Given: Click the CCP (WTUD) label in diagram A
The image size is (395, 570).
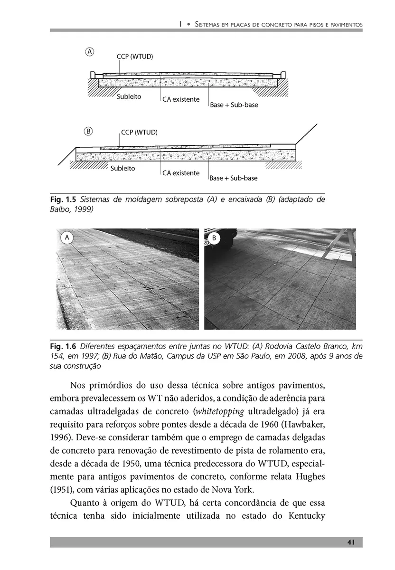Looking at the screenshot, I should (135, 57).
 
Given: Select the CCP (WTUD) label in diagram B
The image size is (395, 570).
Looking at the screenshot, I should (139, 132).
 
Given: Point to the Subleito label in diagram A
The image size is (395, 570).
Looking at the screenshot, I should (129, 97).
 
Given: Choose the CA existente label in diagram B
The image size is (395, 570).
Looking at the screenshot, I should (181, 173).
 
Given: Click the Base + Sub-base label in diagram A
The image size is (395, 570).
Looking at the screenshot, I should (234, 104).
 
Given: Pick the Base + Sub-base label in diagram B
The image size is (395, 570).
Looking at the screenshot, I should (234, 178).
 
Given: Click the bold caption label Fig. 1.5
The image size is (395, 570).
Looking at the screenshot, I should (63, 199).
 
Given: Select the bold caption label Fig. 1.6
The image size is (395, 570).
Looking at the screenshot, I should (63, 349).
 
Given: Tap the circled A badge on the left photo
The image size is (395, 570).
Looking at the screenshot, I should (67, 237).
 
